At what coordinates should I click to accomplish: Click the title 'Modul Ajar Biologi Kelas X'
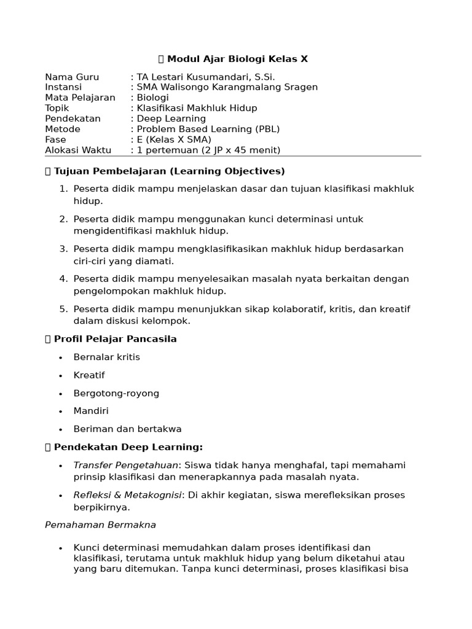click(237, 59)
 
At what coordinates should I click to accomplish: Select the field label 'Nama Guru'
click(72, 77)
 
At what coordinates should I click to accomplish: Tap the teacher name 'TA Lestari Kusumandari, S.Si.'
click(206, 77)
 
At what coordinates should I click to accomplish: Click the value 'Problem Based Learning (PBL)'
click(208, 129)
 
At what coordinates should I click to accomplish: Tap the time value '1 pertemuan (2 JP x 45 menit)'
click(208, 150)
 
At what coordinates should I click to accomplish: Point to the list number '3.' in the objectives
click(63, 249)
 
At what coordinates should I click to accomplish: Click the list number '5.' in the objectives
click(63, 309)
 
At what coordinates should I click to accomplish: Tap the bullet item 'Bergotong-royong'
click(116, 393)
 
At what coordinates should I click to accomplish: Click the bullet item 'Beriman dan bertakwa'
click(127, 429)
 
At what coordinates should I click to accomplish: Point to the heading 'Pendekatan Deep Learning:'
click(128, 447)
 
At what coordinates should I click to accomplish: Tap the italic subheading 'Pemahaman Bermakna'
click(100, 525)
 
